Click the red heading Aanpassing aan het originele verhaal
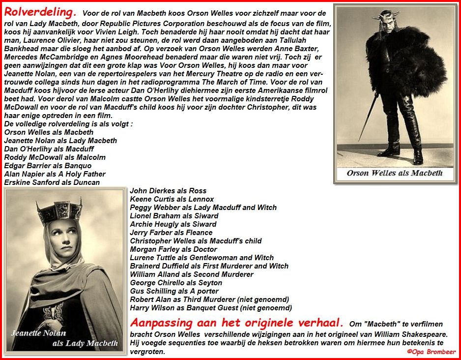(237, 323)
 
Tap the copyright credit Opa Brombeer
(431, 352)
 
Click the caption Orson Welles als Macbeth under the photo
(395, 173)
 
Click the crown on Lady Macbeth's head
(59, 211)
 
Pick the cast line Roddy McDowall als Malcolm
(55, 157)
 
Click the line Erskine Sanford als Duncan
(52, 182)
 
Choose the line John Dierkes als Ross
(168, 190)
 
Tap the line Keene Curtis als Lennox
(172, 199)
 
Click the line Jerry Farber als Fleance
(171, 232)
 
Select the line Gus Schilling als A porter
(174, 291)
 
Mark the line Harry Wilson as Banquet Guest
(211, 307)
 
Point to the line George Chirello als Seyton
(176, 282)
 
